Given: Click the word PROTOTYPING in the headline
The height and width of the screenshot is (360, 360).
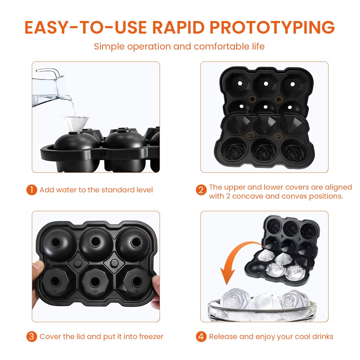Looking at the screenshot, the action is [x=272, y=27].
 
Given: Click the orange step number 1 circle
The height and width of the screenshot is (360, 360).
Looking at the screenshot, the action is [x=31, y=190].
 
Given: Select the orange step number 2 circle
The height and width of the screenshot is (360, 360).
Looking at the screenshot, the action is [x=201, y=190].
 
